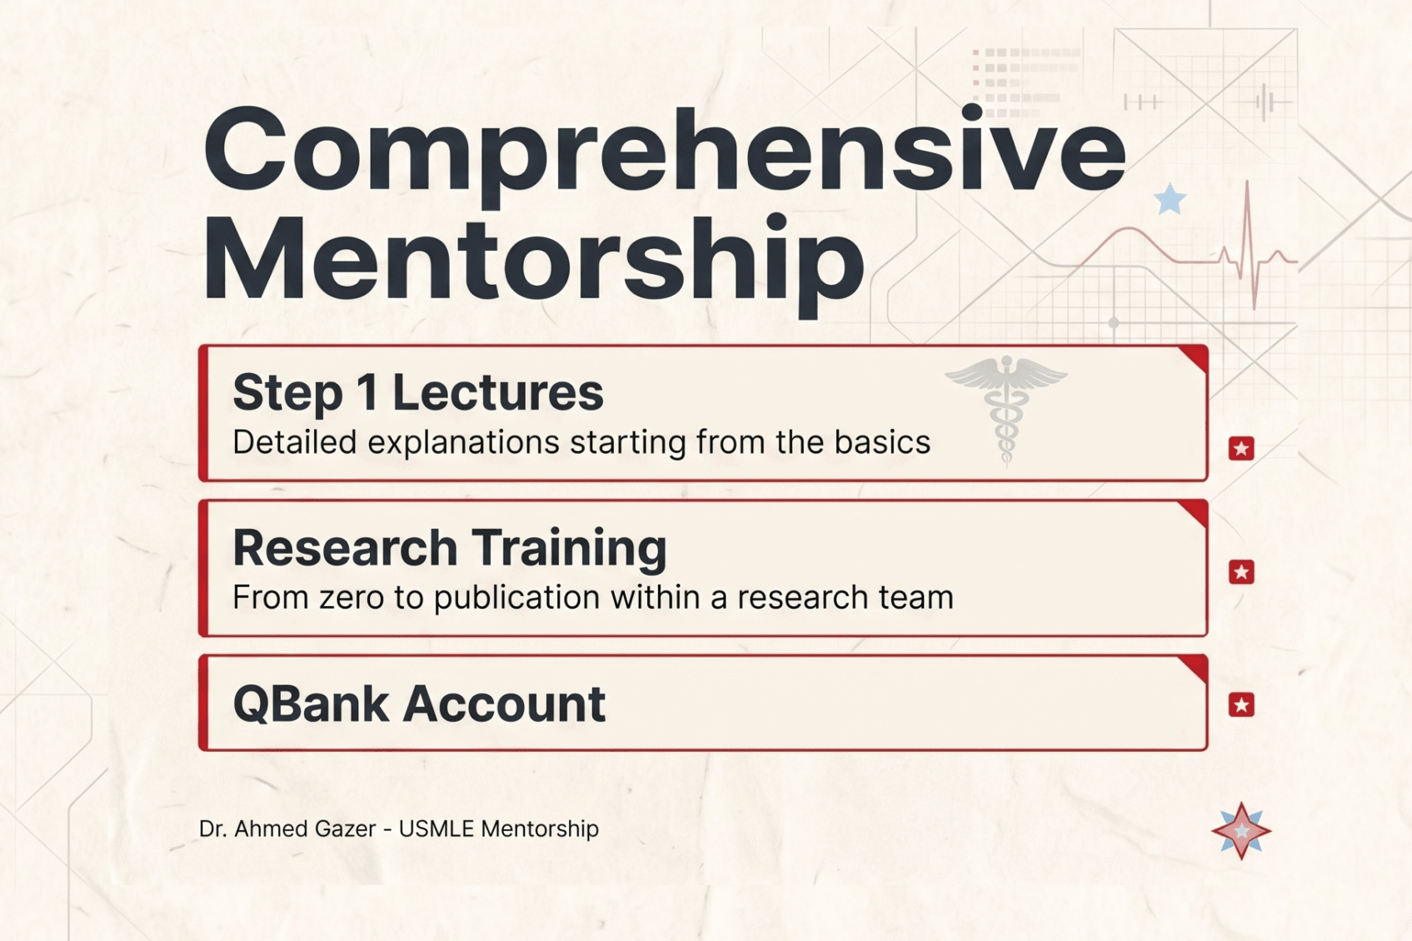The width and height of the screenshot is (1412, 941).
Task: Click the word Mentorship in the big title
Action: pyautogui.click(x=533, y=260)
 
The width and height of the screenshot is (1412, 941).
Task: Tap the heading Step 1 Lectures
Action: pyautogui.click(x=417, y=392)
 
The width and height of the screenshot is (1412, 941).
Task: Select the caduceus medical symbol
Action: pyautogui.click(x=1006, y=408)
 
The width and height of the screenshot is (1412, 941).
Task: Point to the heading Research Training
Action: pyautogui.click(x=449, y=547)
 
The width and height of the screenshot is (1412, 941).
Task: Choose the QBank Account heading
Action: pyautogui.click(x=418, y=704)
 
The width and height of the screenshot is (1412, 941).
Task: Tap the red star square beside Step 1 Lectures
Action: pyautogui.click(x=1241, y=449)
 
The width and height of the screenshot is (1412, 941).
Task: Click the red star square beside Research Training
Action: pyautogui.click(x=1241, y=572)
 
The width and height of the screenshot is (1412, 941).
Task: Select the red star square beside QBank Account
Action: pyautogui.click(x=1241, y=705)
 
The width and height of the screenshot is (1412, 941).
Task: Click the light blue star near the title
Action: pyautogui.click(x=1170, y=200)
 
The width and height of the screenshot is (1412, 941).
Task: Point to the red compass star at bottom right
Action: pyautogui.click(x=1241, y=831)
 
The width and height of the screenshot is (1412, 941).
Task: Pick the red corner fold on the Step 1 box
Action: pyautogui.click(x=1197, y=356)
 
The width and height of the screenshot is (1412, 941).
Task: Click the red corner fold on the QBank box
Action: pyautogui.click(x=1197, y=666)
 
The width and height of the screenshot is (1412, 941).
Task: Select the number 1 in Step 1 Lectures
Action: pyautogui.click(x=367, y=392)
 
